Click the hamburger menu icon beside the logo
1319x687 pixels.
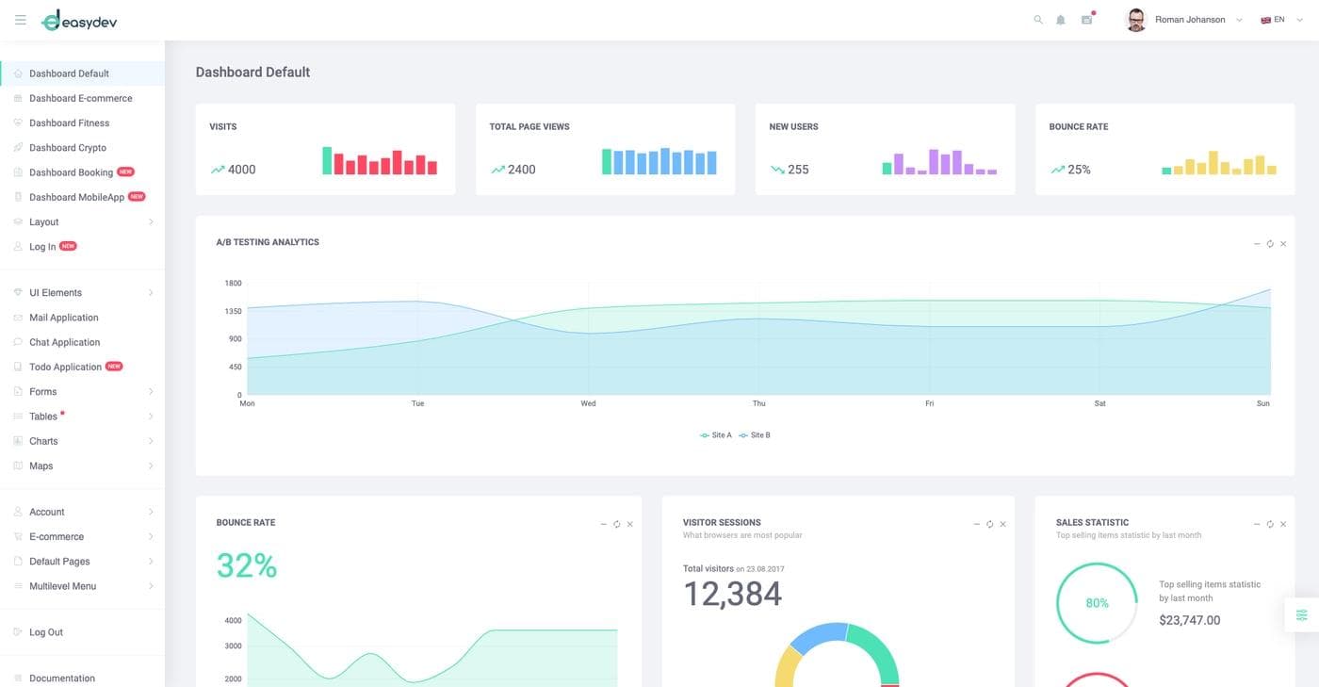point(21,20)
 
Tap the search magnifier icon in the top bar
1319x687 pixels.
point(1038,20)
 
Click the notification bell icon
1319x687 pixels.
point(1061,20)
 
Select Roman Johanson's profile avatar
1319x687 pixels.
point(1136,20)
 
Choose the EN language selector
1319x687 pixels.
point(1273,20)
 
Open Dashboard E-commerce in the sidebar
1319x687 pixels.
point(80,98)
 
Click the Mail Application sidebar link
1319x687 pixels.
point(63,318)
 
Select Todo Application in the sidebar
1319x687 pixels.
point(65,367)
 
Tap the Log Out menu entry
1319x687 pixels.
point(45,632)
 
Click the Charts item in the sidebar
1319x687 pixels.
point(43,441)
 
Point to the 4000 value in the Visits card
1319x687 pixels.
point(241,170)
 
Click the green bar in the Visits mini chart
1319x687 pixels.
point(327,160)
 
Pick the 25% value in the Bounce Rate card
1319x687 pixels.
point(1079,170)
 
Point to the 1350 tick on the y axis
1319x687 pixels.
point(233,311)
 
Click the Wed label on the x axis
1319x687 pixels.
point(588,403)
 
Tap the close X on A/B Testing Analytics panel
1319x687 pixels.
point(1283,244)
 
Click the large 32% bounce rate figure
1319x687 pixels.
point(247,565)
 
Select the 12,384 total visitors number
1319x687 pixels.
point(732,594)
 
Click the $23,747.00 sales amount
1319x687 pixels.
point(1189,620)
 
